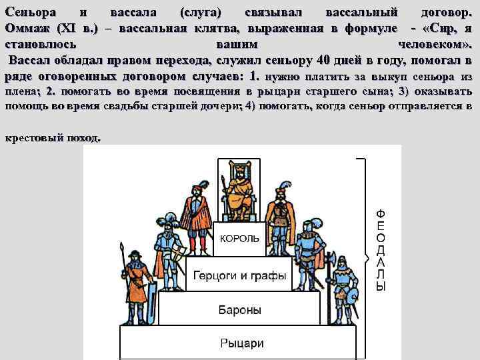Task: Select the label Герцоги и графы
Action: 240,275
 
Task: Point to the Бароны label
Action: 240,310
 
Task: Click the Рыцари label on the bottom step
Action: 241,343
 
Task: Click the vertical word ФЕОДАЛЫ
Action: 381,250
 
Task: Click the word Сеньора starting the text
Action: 30,13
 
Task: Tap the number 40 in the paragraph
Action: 324,61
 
